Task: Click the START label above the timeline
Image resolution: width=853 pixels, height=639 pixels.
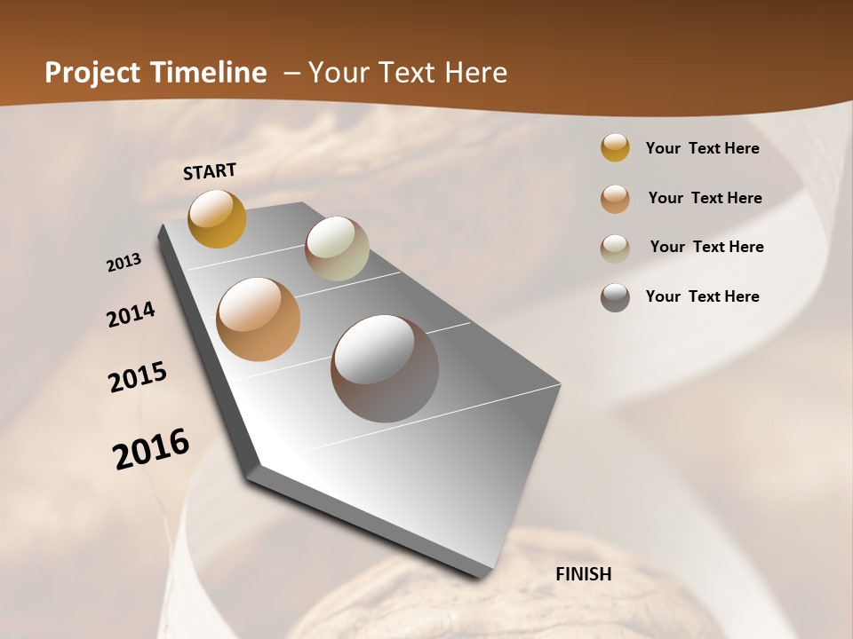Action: (210, 171)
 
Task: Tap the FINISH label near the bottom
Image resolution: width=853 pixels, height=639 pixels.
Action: (583, 574)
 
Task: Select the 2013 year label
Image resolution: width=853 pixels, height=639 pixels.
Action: (124, 263)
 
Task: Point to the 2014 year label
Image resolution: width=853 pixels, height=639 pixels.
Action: (131, 315)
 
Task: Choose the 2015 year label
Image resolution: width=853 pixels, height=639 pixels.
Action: (138, 377)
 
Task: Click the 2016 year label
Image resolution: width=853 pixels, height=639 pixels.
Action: (151, 449)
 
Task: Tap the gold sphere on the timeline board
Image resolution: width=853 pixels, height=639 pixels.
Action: (217, 218)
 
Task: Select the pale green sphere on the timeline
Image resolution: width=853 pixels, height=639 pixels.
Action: (337, 248)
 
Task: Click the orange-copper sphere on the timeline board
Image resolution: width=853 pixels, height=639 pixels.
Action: (258, 319)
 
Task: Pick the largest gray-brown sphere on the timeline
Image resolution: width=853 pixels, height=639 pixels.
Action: (385, 368)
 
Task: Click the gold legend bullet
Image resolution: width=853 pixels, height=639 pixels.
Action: (615, 148)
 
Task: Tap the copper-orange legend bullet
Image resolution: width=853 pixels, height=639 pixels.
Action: (615, 199)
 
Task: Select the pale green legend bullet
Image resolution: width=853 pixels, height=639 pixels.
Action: (615, 248)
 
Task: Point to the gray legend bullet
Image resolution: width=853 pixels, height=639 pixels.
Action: (615, 297)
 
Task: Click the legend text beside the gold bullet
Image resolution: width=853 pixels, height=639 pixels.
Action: (702, 148)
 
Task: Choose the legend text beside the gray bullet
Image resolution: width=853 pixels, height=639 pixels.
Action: (702, 296)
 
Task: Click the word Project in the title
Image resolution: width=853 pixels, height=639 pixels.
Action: (93, 73)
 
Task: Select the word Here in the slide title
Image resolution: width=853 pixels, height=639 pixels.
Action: (475, 73)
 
